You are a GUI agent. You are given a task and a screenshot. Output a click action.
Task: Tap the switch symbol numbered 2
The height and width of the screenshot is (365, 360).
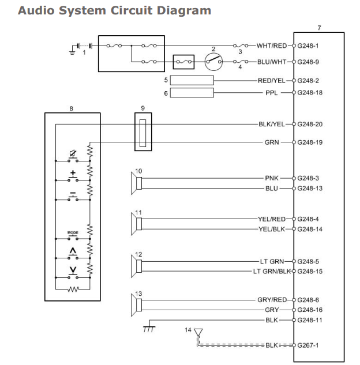pyautogui.click(x=214, y=61)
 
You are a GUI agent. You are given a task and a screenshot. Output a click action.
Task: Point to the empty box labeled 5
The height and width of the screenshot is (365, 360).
pyautogui.click(x=193, y=80)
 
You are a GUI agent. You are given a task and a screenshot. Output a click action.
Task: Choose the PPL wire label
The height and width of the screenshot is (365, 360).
pyautogui.click(x=272, y=92)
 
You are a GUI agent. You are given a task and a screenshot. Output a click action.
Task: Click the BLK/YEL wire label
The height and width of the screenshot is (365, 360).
pyautogui.click(x=272, y=124)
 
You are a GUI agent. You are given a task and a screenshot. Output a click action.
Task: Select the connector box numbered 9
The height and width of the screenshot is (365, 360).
pyautogui.click(x=144, y=131)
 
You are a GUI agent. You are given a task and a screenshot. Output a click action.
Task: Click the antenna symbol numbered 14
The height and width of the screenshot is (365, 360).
pyautogui.click(x=199, y=333)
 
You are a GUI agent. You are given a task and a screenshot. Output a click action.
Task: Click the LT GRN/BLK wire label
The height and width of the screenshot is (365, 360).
pyautogui.click(x=272, y=271)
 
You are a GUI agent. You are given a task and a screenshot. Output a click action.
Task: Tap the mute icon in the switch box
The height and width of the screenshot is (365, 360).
pyautogui.click(x=73, y=153)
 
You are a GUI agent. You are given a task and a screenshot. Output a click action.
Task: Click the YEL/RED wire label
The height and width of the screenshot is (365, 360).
pyautogui.click(x=272, y=219)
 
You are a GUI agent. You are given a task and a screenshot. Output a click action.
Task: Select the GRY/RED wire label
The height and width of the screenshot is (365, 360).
pyautogui.click(x=272, y=300)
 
